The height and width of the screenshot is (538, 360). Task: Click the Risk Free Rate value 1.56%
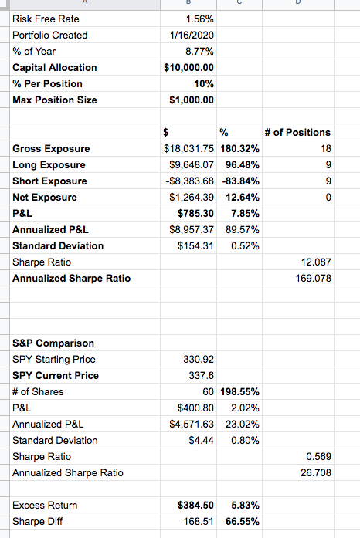pos(199,19)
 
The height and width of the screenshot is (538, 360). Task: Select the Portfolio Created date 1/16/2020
pos(192,36)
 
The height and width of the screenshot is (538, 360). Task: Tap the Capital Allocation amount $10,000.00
pos(189,68)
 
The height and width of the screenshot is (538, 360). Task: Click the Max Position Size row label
pos(55,100)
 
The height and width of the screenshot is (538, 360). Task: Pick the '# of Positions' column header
pos(297,133)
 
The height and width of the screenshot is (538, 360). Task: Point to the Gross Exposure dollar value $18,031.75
pos(189,148)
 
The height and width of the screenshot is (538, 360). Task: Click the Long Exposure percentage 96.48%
pos(242,164)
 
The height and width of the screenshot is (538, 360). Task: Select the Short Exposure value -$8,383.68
pos(189,181)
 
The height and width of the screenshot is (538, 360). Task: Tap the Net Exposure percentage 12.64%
pos(242,198)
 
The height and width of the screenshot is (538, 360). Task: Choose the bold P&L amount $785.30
pos(195,213)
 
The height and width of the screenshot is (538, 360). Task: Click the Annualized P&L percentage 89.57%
pos(242,229)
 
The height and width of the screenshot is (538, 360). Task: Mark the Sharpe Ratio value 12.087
pos(316,262)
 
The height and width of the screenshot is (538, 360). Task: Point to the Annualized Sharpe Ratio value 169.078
pos(314,279)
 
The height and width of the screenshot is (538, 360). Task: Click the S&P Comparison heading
pos(53,343)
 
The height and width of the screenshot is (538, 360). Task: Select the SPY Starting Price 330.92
pos(199,359)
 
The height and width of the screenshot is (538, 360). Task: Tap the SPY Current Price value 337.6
pos(202,376)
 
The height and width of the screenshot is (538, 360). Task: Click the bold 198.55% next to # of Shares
pos(239,392)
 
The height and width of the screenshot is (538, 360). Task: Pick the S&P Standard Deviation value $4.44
pos(202,440)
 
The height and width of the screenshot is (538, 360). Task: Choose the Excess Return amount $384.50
pos(195,505)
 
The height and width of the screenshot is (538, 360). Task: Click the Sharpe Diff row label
pos(37,522)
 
